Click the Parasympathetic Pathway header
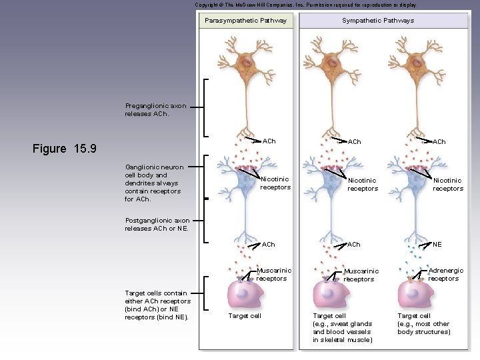(245, 20)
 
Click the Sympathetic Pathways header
(377, 20)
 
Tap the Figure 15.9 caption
(65, 148)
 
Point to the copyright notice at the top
(306, 5)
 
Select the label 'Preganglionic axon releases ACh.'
(155, 109)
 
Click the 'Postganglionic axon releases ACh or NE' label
(157, 224)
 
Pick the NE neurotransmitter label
(437, 245)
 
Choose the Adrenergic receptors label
(445, 275)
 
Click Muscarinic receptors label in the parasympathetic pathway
(274, 275)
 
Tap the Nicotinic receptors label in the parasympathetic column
(275, 183)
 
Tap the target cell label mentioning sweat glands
(342, 327)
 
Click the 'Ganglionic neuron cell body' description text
(153, 183)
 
